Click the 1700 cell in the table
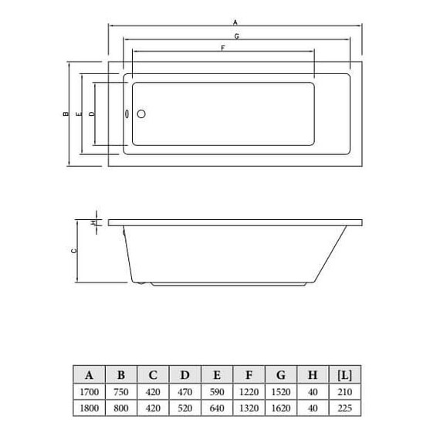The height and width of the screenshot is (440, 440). pos(90,392)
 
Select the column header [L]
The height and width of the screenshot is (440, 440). pos(344,375)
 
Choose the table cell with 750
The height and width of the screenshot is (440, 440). pos(121,392)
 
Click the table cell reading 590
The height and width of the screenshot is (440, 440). pos(217,392)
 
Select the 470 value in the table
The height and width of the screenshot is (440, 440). pos(185,392)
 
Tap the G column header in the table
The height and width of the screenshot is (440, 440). pos(281,375)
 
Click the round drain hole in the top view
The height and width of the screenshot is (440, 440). pos(140,114)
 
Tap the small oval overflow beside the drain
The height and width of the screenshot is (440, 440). pos(127,114)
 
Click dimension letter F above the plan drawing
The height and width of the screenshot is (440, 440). pos(222,48)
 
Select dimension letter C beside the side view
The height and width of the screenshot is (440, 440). pos(73,251)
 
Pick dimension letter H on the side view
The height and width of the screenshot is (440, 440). pos(93,222)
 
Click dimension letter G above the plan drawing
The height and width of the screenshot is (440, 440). pos(235,36)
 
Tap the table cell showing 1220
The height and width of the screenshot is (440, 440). pos(249,392)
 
